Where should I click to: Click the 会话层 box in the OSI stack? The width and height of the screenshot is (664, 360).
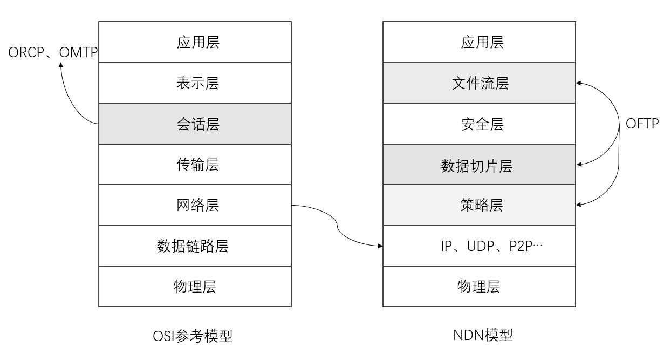point(195,124)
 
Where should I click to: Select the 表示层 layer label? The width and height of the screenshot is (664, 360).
point(198,83)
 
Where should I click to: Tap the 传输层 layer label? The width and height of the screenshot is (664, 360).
point(198,165)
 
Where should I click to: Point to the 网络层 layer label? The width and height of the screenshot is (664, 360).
point(198,205)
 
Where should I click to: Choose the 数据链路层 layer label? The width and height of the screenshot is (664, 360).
point(193,246)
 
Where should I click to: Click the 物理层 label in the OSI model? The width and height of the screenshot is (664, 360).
point(195,287)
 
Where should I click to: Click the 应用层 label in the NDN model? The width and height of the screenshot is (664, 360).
point(482,42)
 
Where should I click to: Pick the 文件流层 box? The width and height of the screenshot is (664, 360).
point(479,83)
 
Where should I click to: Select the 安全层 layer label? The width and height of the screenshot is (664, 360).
point(482,124)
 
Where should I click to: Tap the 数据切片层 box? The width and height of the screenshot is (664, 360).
point(479,165)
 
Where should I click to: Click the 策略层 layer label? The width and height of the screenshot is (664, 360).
point(482,205)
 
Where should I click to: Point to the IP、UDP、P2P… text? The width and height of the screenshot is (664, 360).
point(492,246)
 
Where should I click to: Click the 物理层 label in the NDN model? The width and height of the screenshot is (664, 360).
point(479,287)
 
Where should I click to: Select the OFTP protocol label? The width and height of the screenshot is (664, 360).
point(642,124)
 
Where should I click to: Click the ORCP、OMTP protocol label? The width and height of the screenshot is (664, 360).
point(53,52)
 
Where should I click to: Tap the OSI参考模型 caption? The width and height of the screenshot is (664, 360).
point(193,336)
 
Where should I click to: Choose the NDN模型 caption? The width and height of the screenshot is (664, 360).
point(483,335)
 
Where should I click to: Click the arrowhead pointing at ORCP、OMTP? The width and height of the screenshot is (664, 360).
point(61,65)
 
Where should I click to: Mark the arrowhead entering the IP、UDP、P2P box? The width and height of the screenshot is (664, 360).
point(380,246)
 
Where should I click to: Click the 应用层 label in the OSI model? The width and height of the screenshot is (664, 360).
point(198,42)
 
